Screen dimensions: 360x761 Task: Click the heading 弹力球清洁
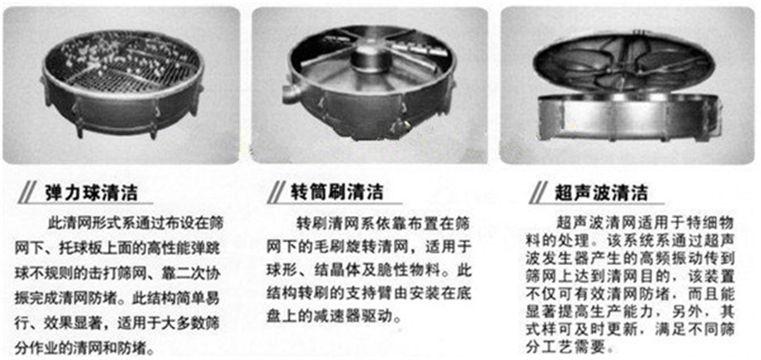point(92,192)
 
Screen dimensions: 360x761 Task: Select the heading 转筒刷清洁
point(337,192)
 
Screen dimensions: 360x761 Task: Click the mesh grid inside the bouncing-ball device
point(120,67)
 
